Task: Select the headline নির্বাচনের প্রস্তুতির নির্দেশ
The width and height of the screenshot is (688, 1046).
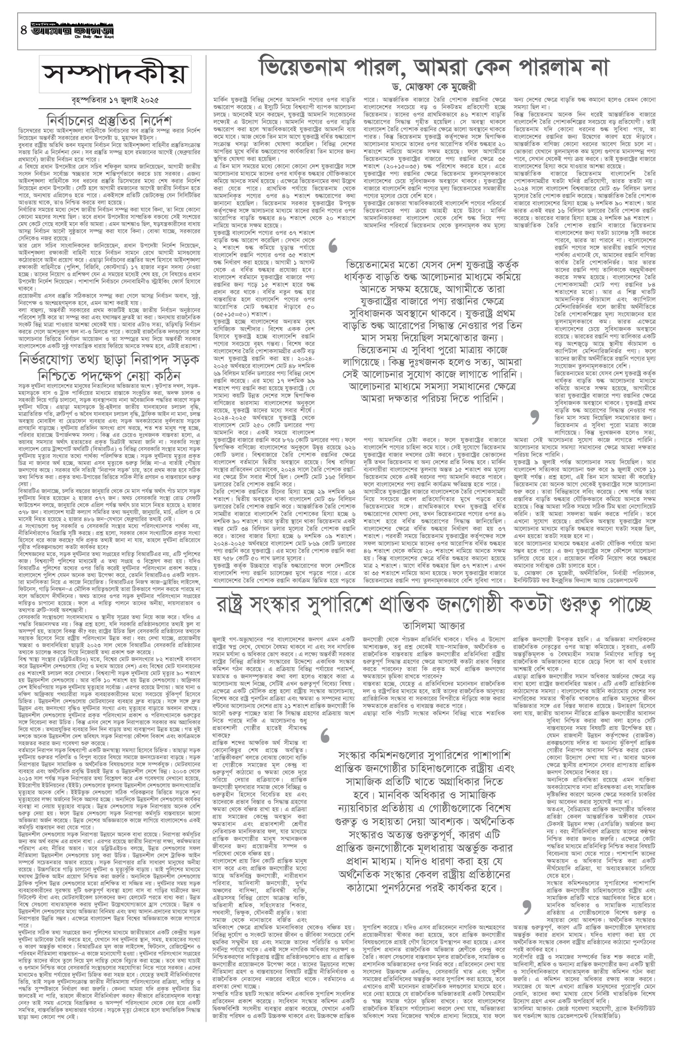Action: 110,120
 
